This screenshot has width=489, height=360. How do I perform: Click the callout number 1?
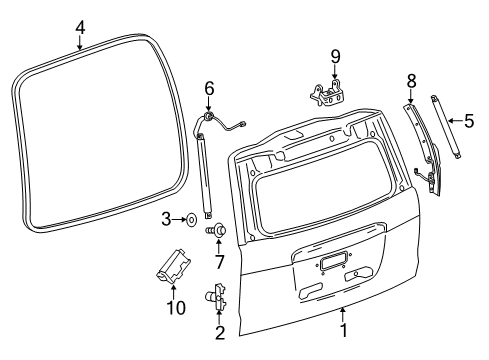pos(343,329)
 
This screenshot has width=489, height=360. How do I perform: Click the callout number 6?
pos(209,89)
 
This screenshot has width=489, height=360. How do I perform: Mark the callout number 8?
pos(410,79)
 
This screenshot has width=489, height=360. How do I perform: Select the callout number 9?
pos(336,56)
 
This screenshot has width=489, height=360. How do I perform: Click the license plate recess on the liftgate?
pos(331,262)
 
